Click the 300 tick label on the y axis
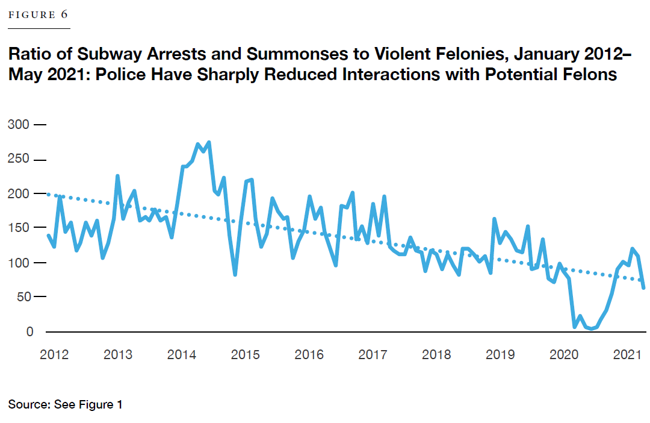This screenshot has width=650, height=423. tap(19, 125)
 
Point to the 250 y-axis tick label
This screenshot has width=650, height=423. tap(19, 160)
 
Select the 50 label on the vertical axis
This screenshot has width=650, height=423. tap(22, 296)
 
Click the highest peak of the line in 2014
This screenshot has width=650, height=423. tap(208, 143)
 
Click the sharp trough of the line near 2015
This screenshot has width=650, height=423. tap(235, 275)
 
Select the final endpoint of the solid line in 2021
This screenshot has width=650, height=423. tap(644, 288)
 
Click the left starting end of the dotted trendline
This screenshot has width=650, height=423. tap(48, 194)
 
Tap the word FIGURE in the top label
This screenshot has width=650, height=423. tap(30, 16)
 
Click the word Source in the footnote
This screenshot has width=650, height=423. tap(27, 404)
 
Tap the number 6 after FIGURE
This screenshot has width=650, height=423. tap(64, 15)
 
